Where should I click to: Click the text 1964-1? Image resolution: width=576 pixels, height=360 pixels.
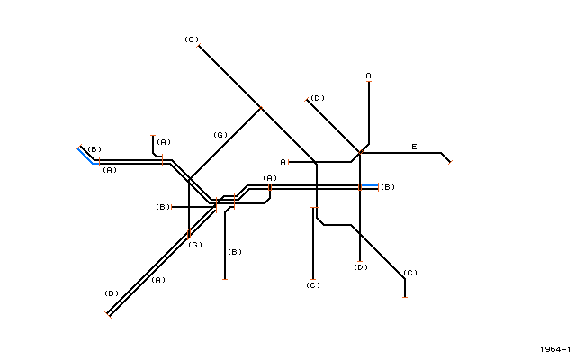click(x=555, y=349)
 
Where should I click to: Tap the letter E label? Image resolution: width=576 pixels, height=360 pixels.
click(x=414, y=147)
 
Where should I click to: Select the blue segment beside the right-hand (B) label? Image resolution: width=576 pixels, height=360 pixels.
click(x=369, y=186)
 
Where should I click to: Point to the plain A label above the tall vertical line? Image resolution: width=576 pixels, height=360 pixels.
click(x=368, y=76)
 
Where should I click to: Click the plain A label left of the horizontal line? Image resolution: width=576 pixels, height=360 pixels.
click(x=283, y=162)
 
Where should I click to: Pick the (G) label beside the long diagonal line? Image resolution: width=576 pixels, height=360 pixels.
click(x=220, y=135)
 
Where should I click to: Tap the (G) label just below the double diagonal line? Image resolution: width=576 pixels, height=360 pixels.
click(x=195, y=245)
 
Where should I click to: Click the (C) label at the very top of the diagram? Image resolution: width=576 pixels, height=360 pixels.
click(x=192, y=40)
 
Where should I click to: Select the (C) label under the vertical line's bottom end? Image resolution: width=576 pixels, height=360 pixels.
click(x=313, y=285)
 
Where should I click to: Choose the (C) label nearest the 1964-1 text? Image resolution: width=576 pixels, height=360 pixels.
click(x=410, y=273)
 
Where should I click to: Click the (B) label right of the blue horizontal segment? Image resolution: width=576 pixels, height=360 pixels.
click(x=388, y=187)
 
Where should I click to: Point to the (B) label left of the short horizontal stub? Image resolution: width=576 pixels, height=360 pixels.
click(x=163, y=207)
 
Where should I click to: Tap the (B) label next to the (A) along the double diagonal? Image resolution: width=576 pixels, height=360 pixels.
click(x=112, y=293)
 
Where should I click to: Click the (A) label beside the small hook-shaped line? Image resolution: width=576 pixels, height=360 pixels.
click(x=164, y=142)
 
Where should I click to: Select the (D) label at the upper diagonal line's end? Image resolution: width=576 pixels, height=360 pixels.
click(x=318, y=98)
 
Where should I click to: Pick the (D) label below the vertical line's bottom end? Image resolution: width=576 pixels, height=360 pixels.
click(x=361, y=267)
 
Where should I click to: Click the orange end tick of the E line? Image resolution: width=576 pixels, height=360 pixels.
click(x=450, y=162)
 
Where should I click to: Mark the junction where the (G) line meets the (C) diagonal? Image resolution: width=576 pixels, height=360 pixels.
click(x=261, y=108)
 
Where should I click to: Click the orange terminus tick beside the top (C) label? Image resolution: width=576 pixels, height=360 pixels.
click(x=198, y=46)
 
